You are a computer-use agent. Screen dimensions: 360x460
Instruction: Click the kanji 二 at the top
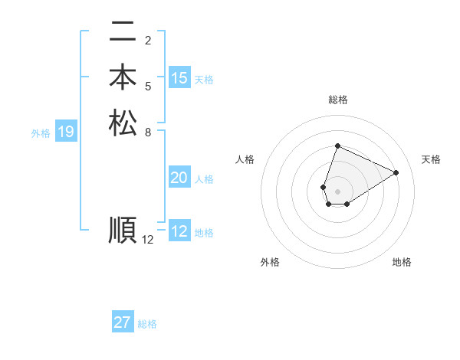point(123,33)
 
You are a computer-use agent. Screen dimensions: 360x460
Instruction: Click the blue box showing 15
point(179,78)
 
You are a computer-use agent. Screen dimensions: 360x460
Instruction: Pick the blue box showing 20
point(179,178)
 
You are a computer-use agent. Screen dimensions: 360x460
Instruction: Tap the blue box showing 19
point(65,133)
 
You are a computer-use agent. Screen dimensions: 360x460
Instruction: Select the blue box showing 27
point(123,322)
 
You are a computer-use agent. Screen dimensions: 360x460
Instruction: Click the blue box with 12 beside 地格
point(179,231)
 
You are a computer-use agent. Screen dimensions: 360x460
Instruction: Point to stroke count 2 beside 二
point(148,40)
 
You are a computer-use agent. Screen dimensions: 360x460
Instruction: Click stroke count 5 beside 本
point(148,86)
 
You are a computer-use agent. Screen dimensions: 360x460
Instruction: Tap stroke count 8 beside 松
point(148,132)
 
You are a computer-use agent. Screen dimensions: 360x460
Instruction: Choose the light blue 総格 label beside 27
point(147,324)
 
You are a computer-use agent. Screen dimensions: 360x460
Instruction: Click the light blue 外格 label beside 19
point(41,133)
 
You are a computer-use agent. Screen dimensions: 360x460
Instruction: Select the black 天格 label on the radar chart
point(432,159)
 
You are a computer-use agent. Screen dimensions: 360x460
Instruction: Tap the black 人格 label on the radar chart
point(245,159)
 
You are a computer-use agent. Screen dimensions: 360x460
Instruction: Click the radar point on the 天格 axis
point(396,172)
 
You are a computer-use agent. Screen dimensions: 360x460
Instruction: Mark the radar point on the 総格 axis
point(337,146)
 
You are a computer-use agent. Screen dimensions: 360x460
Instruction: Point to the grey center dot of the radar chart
point(337,191)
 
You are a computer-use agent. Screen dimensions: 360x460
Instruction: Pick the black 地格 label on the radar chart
point(402,262)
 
